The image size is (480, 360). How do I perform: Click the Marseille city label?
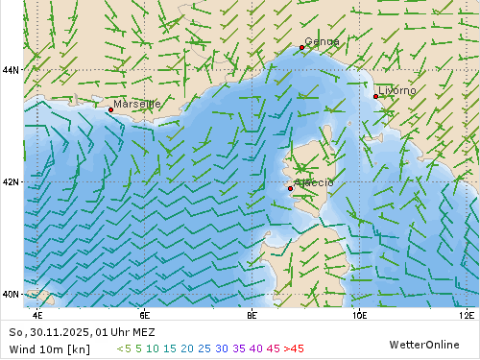pyautogui.click(x=137, y=104)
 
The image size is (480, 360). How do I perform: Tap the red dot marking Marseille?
pyautogui.click(x=110, y=110)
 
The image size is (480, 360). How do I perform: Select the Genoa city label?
pyautogui.click(x=322, y=41)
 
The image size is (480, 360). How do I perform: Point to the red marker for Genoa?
pyautogui.click(x=301, y=47)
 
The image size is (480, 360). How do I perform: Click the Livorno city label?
pyautogui.click(x=397, y=90)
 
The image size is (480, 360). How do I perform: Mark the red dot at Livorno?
pyautogui.click(x=375, y=96)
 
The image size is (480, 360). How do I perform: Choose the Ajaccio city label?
pyautogui.click(x=314, y=182)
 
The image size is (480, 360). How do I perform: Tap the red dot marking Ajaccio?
pyautogui.click(x=290, y=188)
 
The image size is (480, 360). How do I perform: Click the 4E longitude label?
pyautogui.click(x=37, y=314)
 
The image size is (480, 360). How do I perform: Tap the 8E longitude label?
pyautogui.click(x=252, y=314)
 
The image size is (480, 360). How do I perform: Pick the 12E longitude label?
pyautogui.click(x=467, y=314)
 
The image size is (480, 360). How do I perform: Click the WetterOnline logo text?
pyautogui.click(x=423, y=344)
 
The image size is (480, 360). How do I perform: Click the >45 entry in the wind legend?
pyautogui.click(x=293, y=348)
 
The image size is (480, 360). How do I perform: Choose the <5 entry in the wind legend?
pyautogui.click(x=123, y=348)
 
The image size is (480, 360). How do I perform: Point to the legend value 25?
pyautogui.click(x=204, y=348)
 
